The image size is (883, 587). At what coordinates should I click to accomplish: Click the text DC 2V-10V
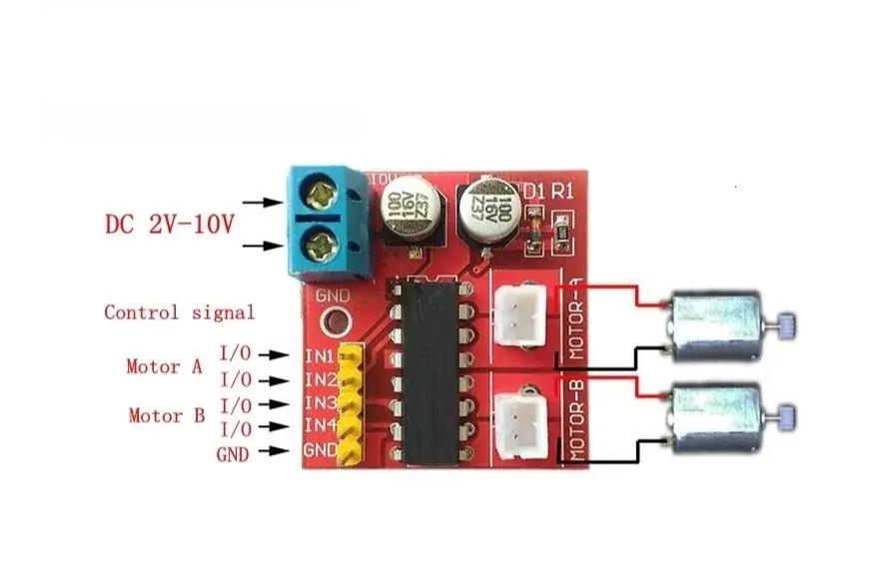(x=169, y=223)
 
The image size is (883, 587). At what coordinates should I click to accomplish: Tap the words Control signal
(x=180, y=312)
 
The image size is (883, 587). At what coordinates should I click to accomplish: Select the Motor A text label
(x=163, y=366)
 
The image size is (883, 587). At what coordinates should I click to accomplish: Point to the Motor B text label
(x=164, y=415)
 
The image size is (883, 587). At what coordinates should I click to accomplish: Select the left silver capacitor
(x=409, y=213)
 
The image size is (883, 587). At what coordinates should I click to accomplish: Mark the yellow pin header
(x=350, y=404)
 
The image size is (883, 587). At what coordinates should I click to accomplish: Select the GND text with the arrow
(x=232, y=453)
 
